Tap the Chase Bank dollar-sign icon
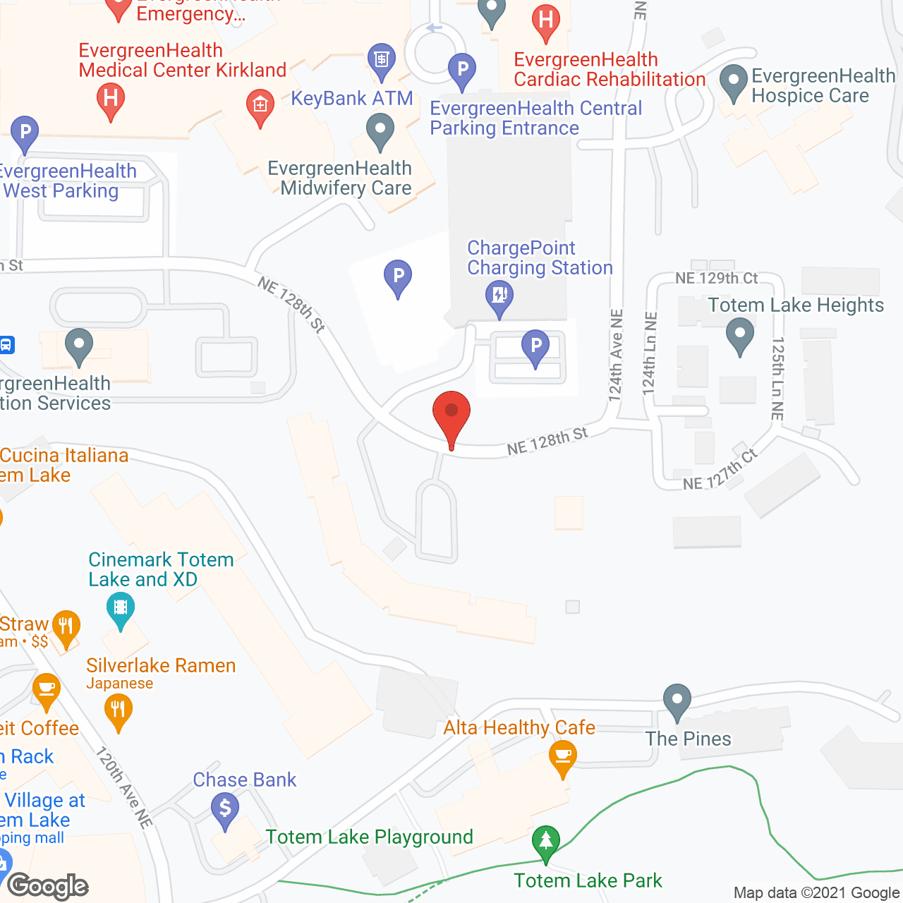[x=225, y=810]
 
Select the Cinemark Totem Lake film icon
[x=121, y=608]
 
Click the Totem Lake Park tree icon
[x=545, y=842]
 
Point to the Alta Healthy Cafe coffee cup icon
[x=562, y=758]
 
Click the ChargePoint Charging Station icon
[x=499, y=296]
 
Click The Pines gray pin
[x=677, y=701]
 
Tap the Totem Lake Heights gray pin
[x=739, y=334]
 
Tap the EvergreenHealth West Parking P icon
[x=25, y=131]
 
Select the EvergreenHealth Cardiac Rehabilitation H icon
[x=546, y=21]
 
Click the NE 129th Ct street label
[x=716, y=278]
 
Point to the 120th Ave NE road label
[x=123, y=787]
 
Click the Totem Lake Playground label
[x=369, y=837]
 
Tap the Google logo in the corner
[x=48, y=886]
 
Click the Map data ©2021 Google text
[x=816, y=893]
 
